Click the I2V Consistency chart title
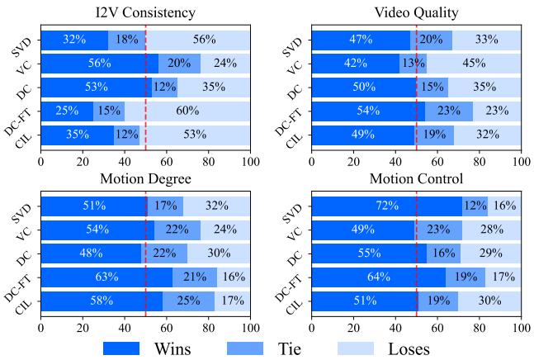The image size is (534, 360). click(x=145, y=12)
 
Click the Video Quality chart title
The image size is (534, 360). click(x=417, y=12)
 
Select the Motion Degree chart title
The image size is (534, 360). click(x=145, y=178)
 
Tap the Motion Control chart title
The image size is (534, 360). click(x=417, y=178)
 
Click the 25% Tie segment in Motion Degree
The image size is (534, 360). click(x=187, y=302)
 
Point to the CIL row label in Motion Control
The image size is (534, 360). click(x=295, y=302)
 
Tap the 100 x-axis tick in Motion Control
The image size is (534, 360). click(x=521, y=325)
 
